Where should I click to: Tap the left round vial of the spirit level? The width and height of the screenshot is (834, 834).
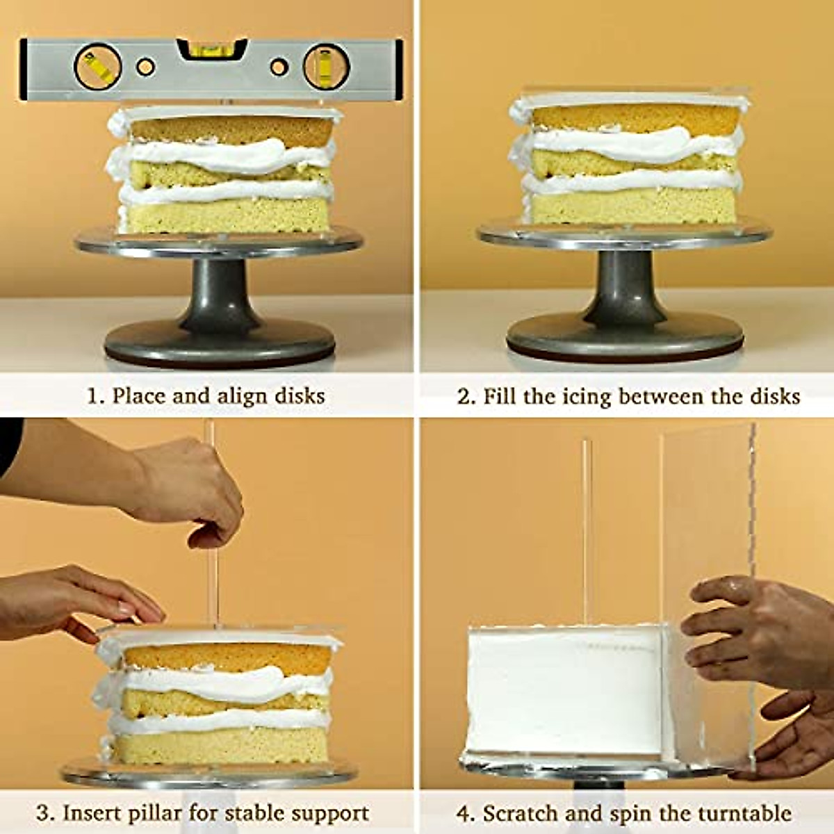pos(97,67)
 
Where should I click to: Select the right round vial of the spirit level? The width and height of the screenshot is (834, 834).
pos(326,67)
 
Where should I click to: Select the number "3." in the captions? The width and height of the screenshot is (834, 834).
pos(45,812)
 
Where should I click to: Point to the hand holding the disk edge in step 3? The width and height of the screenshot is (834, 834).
pos(76,598)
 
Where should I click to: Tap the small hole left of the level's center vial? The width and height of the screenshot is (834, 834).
pos(145,67)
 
